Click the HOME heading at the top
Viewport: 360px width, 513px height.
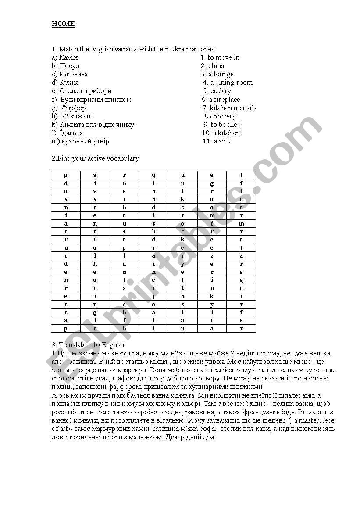[x=63, y=24]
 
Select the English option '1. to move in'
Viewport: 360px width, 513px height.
[x=220, y=57]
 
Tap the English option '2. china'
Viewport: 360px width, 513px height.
[x=213, y=66]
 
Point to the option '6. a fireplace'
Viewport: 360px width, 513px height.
[x=221, y=100]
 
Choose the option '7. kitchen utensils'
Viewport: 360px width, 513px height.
[x=229, y=108]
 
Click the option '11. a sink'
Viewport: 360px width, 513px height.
[x=217, y=141]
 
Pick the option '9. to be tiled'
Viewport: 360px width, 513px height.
[x=223, y=125]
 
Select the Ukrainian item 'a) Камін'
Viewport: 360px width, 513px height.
[x=64, y=57]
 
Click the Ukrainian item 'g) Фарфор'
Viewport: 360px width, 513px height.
[x=69, y=108]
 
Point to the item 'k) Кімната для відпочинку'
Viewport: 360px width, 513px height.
[x=93, y=125]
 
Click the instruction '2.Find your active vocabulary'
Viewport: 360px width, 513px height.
[x=95, y=158]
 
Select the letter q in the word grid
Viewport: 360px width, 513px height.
[x=153, y=175]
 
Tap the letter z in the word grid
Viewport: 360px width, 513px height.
[x=212, y=256]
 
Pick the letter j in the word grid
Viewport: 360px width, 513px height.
[x=153, y=296]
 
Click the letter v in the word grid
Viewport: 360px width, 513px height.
[x=95, y=191]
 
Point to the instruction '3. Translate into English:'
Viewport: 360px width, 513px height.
[x=89, y=345]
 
